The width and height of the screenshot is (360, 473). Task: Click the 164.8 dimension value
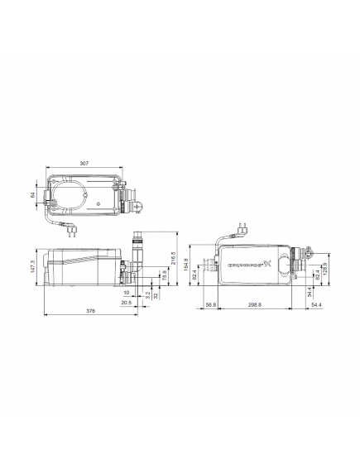click(x=187, y=266)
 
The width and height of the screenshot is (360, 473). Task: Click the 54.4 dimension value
click(x=315, y=305)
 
